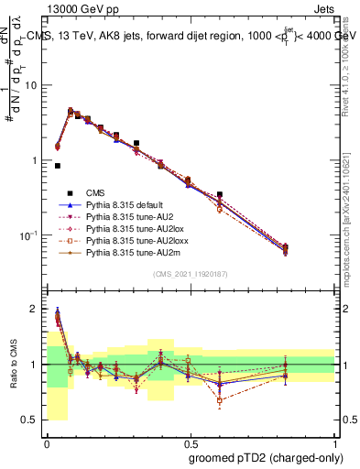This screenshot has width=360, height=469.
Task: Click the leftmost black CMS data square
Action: (58, 166)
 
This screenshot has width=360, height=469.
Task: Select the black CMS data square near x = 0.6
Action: (220, 194)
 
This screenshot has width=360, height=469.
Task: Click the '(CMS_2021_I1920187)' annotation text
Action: (191, 273)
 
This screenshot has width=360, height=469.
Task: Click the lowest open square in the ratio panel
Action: (220, 400)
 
